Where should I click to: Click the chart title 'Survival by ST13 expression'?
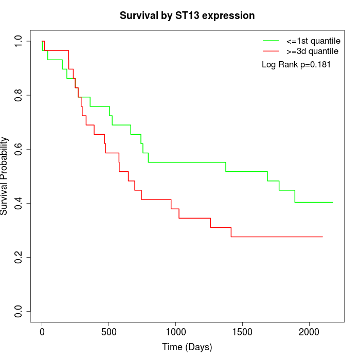[x=187, y=15]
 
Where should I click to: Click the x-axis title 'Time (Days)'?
[x=187, y=347]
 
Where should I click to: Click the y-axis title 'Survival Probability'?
[x=5, y=176]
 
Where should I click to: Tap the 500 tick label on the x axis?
[x=109, y=332]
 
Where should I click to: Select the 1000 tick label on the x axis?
[x=175, y=332]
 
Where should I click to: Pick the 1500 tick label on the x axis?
[x=242, y=332]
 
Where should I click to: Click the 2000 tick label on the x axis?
[x=309, y=332]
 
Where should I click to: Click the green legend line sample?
[x=271, y=40]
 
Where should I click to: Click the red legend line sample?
[x=271, y=51]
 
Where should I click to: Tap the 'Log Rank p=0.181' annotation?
[x=296, y=65]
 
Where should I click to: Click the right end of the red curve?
[x=322, y=237]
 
